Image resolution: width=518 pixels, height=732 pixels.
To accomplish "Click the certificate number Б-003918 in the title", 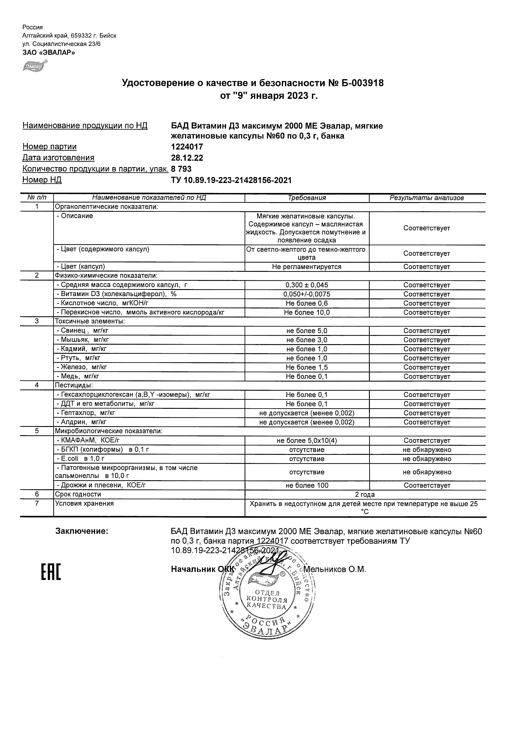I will pyautogui.click(x=363, y=84).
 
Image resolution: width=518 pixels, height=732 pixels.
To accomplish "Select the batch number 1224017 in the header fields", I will pyautogui.click(x=187, y=147).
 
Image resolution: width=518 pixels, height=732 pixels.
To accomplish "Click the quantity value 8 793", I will pyautogui.click(x=181, y=169).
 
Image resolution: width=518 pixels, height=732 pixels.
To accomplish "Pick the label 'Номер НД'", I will pyautogui.click(x=42, y=180).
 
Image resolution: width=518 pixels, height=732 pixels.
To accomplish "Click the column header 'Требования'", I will pyautogui.click(x=307, y=198).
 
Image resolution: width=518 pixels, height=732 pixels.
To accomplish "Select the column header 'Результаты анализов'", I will pyautogui.click(x=427, y=198).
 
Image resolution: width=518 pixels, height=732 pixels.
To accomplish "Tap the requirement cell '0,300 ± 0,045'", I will pyautogui.click(x=307, y=285).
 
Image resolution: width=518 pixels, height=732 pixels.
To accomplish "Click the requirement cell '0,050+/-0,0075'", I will pyautogui.click(x=307, y=294).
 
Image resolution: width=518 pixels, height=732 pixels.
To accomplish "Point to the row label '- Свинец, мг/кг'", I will pyautogui.click(x=82, y=331).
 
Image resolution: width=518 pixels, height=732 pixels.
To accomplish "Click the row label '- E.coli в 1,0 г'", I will pyautogui.click(x=80, y=459).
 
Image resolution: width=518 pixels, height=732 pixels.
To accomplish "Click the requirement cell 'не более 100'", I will pyautogui.click(x=307, y=485).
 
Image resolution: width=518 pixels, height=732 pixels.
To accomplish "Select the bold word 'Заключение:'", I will pyautogui.click(x=82, y=531).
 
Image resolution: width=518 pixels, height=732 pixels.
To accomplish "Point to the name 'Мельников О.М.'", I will pyautogui.click(x=334, y=569).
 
